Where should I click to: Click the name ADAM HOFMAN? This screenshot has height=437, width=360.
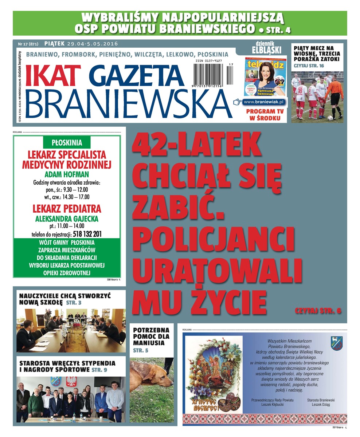pos(66,174)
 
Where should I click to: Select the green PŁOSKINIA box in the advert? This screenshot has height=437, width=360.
pos(66,142)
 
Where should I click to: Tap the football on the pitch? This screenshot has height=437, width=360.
pos(330,118)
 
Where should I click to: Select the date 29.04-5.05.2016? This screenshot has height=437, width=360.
pos(93,44)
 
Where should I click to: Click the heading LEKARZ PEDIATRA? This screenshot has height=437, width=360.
pos(67,209)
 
